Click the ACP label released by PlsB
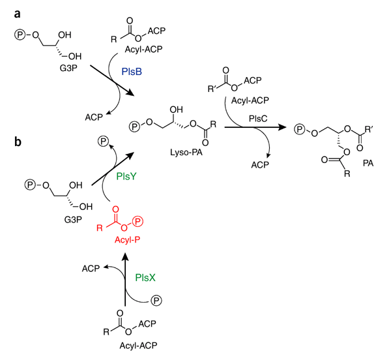tap(94, 117)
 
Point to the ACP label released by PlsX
tap(91, 267)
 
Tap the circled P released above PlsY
tap(103, 141)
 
